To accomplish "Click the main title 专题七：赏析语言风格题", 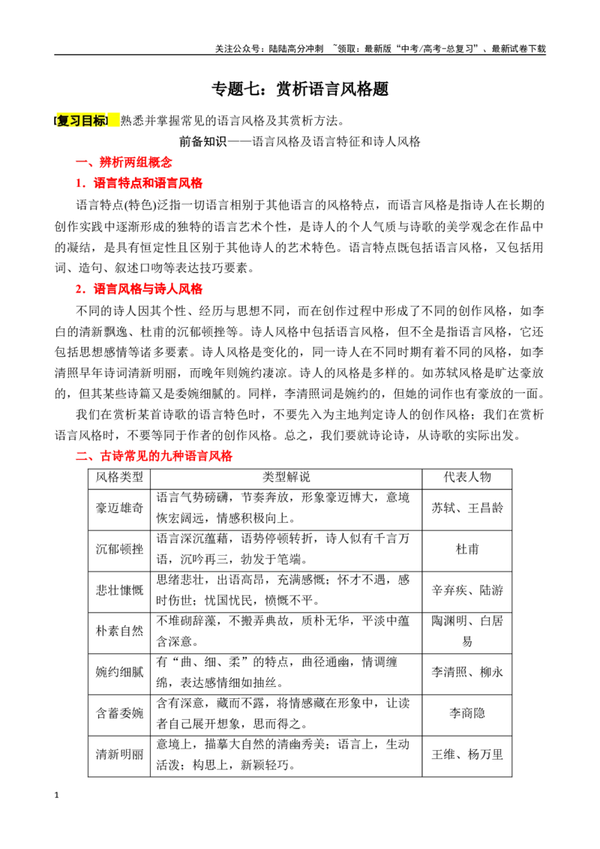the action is [300, 88].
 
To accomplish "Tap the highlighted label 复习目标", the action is [82, 121].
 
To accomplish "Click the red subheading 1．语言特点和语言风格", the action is [139, 183].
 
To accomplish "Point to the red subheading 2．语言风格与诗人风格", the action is [139, 289].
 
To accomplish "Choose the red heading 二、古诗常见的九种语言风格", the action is [154, 456].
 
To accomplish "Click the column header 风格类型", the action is [120, 477].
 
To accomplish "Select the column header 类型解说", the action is [286, 477].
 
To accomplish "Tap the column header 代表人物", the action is [467, 477].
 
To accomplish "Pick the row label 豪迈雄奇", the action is [120, 508].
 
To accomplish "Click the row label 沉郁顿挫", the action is [120, 549].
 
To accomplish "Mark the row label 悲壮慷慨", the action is [120, 590].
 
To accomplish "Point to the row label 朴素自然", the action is [120, 631].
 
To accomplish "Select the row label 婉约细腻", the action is [120, 673].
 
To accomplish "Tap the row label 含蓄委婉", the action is [120, 714].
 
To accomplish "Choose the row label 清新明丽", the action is [120, 754].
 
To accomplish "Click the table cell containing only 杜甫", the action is [467, 549].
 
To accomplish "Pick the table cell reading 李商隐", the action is [467, 714].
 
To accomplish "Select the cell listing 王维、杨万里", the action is [467, 754].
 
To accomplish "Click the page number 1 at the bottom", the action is [57, 796].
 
